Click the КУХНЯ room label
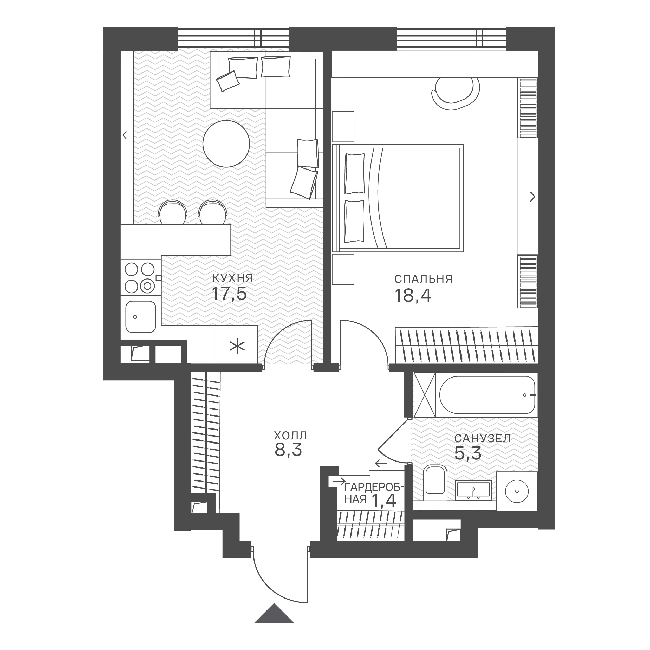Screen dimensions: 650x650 (x=232, y=278)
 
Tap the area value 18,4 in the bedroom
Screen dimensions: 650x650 (x=413, y=296)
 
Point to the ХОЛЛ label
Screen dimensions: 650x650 (x=290, y=436)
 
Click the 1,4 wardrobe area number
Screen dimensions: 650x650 (x=383, y=500)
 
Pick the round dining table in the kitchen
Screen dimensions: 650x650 (x=226, y=144)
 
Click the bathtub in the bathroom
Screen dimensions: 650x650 (x=487, y=395)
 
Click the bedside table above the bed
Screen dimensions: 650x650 (x=343, y=127)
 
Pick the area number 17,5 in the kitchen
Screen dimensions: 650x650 (x=229, y=293)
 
